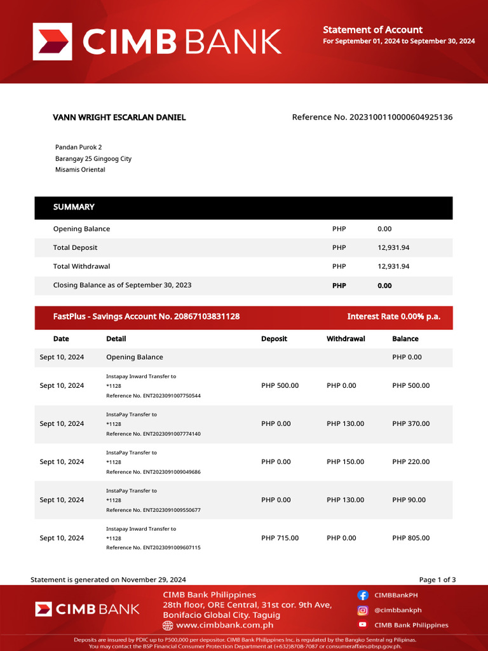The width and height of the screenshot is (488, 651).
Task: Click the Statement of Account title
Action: tap(372, 30)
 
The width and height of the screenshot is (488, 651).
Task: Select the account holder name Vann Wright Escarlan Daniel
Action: tap(119, 118)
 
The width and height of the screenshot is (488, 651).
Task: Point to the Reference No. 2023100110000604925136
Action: tap(372, 118)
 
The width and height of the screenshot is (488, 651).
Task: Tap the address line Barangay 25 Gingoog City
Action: tap(93, 159)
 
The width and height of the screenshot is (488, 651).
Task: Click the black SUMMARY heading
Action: tap(74, 207)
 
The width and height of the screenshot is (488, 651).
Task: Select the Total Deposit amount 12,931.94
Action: tap(393, 248)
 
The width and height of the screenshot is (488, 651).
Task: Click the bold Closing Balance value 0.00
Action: tap(384, 286)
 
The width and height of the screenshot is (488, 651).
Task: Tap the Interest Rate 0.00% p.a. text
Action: tap(393, 317)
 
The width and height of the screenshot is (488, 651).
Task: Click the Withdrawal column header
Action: tap(346, 339)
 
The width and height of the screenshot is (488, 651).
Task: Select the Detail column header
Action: tap(116, 339)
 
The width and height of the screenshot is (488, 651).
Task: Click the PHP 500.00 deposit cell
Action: tap(280, 386)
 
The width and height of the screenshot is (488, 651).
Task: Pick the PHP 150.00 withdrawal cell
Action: tap(345, 462)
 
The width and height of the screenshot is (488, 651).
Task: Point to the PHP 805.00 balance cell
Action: tap(410, 538)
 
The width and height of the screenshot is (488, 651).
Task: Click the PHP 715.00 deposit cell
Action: tap(280, 538)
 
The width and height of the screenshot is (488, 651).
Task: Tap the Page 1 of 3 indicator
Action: tap(437, 580)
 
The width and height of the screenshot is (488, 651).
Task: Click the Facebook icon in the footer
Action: tap(363, 596)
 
